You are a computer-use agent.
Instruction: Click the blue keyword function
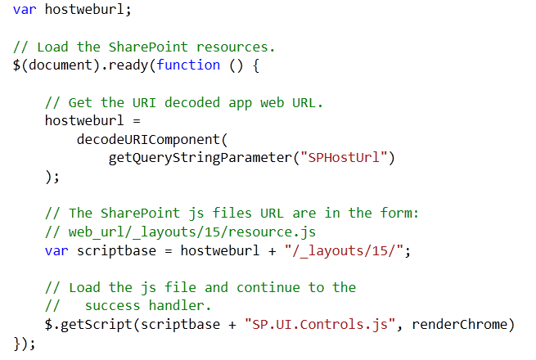tap(188, 65)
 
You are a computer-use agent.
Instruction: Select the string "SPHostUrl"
tap(344, 158)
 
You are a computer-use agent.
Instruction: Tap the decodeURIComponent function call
tap(148, 139)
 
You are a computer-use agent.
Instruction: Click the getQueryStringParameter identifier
tap(200, 158)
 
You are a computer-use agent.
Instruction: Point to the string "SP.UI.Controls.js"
tap(320, 325)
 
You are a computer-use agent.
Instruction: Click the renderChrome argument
tap(459, 324)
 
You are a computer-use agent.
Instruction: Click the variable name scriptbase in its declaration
tap(116, 251)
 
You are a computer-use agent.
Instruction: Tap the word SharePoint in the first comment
tap(148, 47)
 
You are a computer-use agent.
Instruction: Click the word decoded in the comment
tap(192, 102)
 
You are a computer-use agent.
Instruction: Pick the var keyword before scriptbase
tap(56, 251)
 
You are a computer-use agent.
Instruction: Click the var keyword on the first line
tap(25, 10)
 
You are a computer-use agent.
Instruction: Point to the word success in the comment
tap(112, 306)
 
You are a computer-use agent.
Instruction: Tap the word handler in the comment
tap(177, 305)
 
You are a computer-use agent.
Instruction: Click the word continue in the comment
tap(268, 287)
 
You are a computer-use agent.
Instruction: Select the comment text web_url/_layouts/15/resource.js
tap(192, 232)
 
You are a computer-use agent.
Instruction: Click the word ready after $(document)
tap(128, 65)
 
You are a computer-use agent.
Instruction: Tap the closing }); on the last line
tap(25, 344)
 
